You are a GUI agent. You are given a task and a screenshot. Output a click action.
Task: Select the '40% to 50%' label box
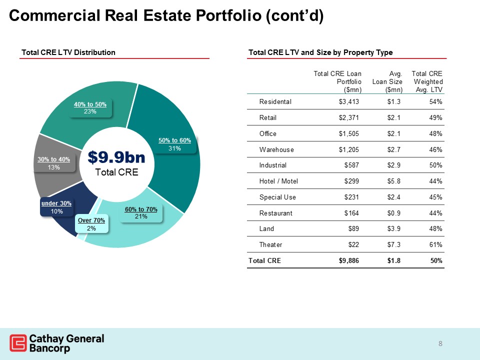[90, 107]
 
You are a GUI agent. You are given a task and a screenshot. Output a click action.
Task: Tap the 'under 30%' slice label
[56, 207]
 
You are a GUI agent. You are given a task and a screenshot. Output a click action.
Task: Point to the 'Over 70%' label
[91, 224]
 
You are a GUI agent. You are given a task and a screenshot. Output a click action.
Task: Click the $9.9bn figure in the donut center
[116, 157]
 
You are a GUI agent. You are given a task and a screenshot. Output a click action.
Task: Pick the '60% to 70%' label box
[141, 213]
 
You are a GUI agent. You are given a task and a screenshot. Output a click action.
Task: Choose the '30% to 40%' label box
[54, 163]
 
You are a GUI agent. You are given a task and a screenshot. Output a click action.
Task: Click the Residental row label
[275, 102]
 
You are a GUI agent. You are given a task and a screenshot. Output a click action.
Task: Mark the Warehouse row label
[276, 149]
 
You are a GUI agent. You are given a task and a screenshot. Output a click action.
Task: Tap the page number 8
[440, 343]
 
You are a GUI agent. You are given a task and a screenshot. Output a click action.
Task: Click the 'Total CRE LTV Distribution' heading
[68, 52]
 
